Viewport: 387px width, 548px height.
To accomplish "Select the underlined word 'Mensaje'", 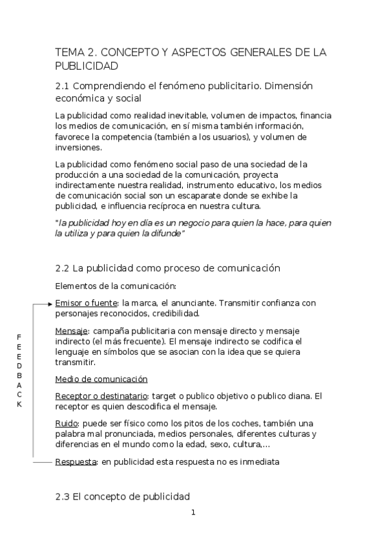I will click(x=72, y=330).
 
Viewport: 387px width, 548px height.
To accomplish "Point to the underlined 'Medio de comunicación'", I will click(x=101, y=379).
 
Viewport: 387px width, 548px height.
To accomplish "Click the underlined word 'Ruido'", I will click(x=67, y=423).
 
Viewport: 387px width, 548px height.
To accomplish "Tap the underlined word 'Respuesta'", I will click(x=76, y=462).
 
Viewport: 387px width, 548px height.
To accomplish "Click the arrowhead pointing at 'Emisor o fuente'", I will click(x=50, y=302).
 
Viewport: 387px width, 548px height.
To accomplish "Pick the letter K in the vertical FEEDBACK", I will click(x=19, y=405).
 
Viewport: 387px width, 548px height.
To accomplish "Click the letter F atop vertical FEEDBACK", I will click(x=19, y=337).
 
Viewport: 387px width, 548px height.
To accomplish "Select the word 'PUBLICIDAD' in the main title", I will click(x=87, y=66).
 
